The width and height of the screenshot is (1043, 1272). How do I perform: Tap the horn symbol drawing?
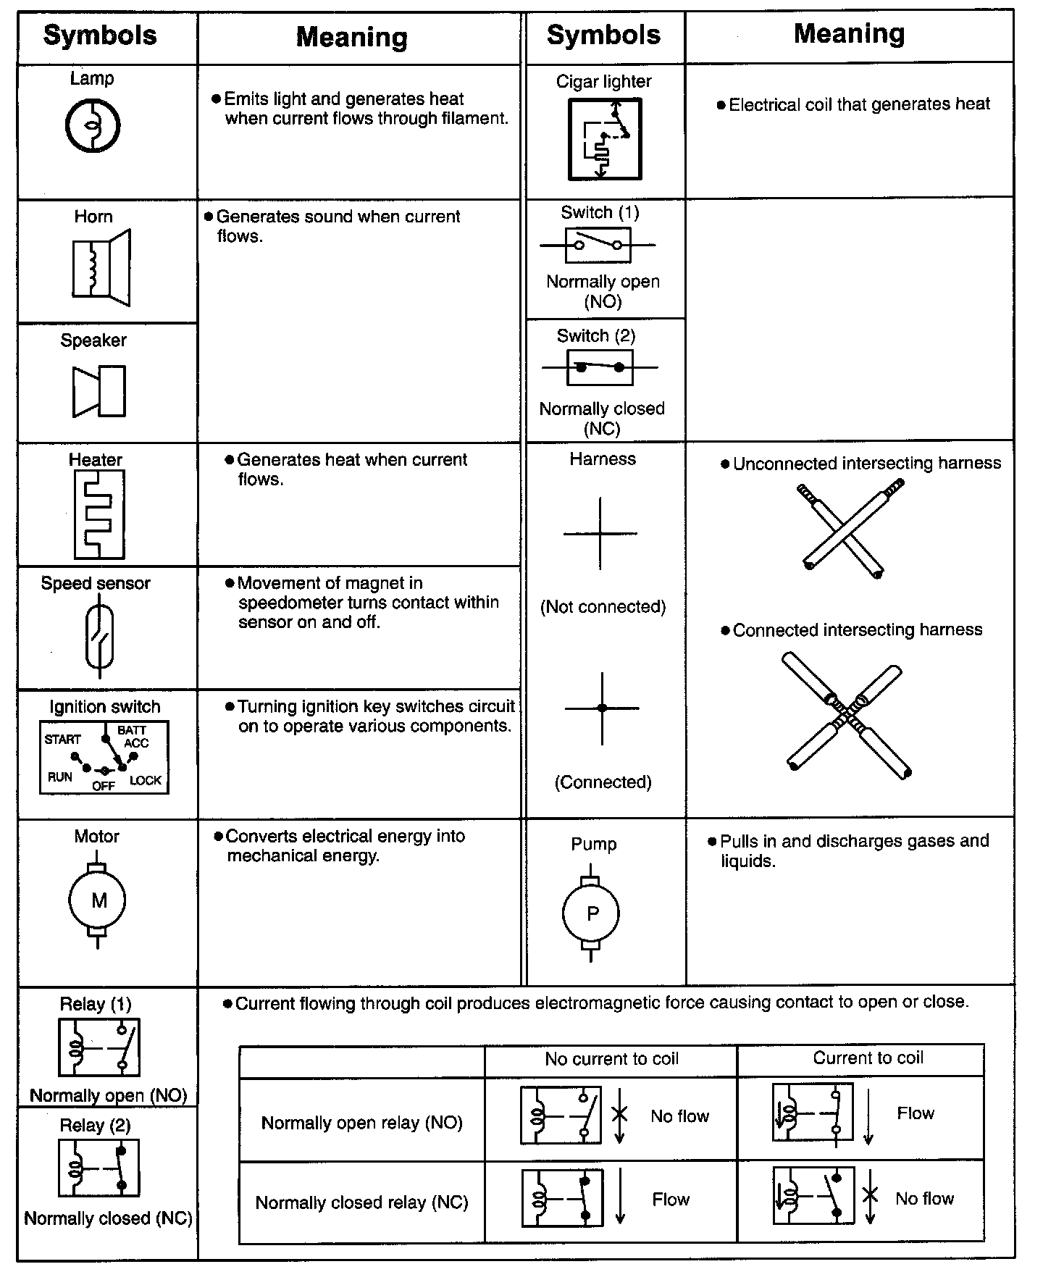point(101,267)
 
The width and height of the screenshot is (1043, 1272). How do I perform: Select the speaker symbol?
point(99,391)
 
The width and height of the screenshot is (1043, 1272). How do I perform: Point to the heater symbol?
point(99,514)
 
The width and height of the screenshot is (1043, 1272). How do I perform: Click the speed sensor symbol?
point(99,635)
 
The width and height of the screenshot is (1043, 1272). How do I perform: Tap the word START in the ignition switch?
point(63,740)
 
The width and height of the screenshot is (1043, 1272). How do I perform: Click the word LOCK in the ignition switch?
point(146,780)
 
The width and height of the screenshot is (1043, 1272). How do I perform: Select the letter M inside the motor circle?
point(99,900)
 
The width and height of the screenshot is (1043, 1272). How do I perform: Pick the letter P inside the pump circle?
point(592,913)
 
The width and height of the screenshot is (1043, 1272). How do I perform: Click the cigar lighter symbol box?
point(604,139)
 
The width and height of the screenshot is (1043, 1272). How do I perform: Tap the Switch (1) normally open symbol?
point(598,245)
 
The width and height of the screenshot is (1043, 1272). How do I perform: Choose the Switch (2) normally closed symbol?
point(600,367)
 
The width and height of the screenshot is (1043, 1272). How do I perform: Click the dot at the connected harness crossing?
point(602,708)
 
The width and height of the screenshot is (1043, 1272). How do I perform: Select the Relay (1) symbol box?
point(99,1047)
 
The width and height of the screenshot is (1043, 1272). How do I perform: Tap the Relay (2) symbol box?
point(99,1168)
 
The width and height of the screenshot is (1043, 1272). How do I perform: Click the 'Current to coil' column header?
point(868,1058)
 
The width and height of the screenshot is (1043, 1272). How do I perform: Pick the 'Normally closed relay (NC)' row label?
point(361,1202)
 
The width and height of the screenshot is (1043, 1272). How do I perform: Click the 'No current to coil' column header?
point(611,1059)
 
